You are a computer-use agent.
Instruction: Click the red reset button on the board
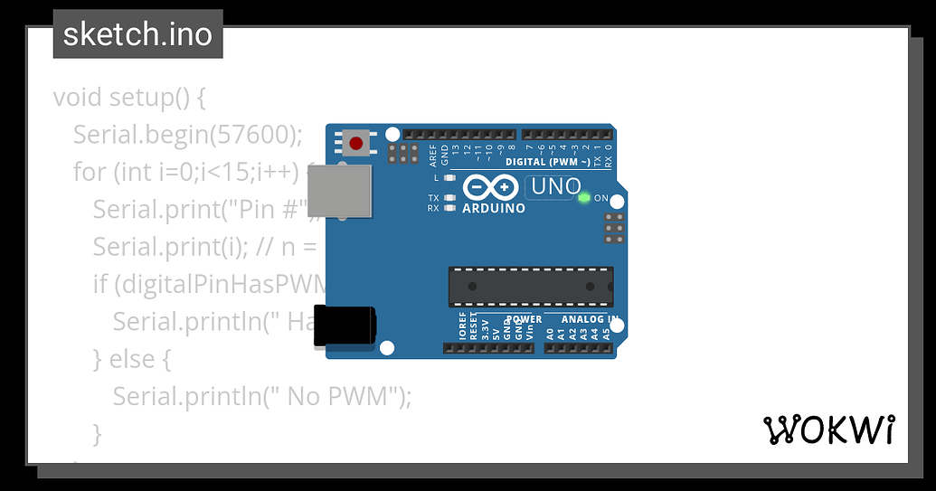pyautogui.click(x=356, y=143)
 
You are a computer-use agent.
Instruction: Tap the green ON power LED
pyautogui.click(x=583, y=197)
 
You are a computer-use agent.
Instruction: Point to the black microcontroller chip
pyautogui.click(x=531, y=287)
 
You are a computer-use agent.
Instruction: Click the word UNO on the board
pyautogui.click(x=555, y=187)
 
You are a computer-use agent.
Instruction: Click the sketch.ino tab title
pyautogui.click(x=137, y=34)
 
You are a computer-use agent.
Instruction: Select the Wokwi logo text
pyautogui.click(x=829, y=430)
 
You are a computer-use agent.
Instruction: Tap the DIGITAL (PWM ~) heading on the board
pyautogui.click(x=548, y=163)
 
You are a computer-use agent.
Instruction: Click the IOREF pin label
pyautogui.click(x=463, y=327)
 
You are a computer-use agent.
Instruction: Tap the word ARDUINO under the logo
pyautogui.click(x=494, y=209)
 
